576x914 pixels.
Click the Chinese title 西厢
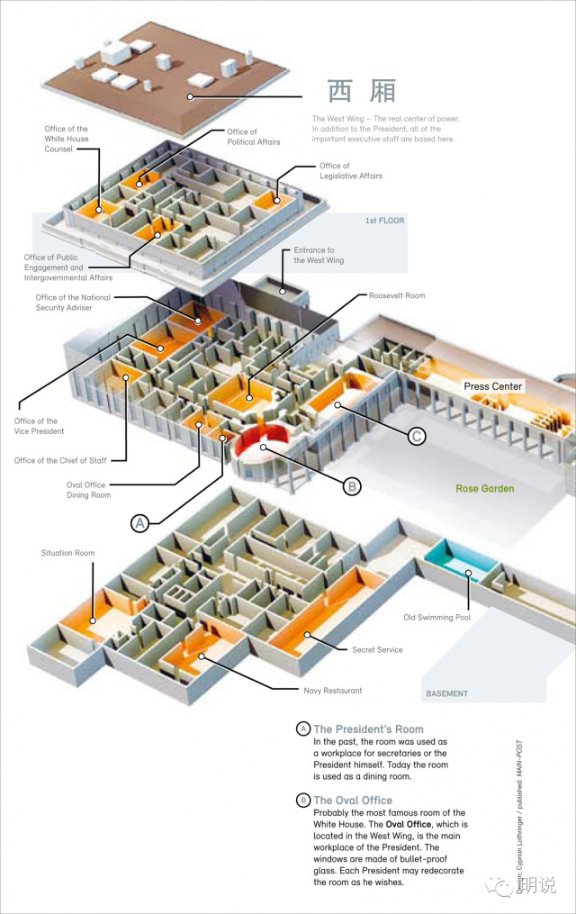361,93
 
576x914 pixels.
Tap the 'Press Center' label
493,386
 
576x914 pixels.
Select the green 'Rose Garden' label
484,489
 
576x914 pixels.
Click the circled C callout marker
416,437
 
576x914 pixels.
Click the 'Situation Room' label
67,553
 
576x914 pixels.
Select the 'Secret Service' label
377,649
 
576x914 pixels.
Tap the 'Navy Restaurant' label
332,691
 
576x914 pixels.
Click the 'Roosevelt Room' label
397,295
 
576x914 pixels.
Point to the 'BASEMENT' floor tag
446,693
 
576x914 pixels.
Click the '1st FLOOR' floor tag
384,221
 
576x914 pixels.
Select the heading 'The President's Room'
368,729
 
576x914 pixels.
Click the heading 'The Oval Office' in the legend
353,800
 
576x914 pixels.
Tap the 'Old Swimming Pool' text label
437,618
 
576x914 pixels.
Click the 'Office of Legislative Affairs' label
350,171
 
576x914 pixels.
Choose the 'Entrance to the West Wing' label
319,256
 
